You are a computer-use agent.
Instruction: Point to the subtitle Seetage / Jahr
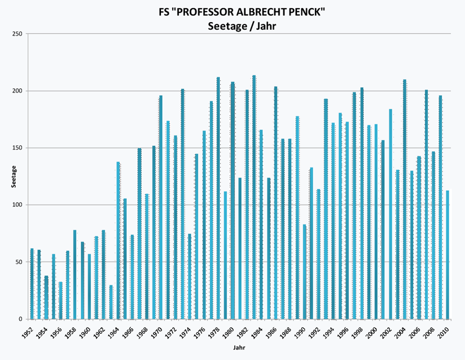238,25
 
